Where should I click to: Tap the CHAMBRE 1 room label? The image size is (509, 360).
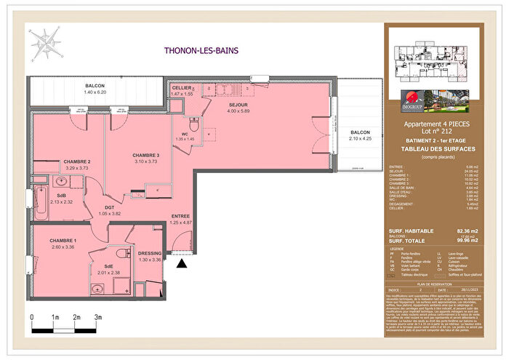click(63, 241)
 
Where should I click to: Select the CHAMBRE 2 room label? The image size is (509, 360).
click(76, 161)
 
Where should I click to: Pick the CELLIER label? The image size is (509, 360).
click(182, 87)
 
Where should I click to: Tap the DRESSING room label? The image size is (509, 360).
click(149, 253)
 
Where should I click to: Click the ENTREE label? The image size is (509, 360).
click(181, 216)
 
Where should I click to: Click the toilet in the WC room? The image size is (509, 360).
click(194, 124)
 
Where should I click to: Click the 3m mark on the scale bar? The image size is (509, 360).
click(98, 318)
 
